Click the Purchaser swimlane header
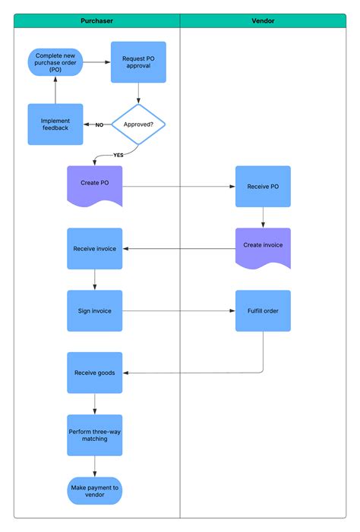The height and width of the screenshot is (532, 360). [97, 21]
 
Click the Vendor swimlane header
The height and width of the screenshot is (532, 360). [263, 21]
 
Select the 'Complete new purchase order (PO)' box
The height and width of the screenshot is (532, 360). [55, 62]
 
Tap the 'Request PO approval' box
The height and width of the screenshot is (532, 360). [138, 62]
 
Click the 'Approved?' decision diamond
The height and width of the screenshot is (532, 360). [138, 124]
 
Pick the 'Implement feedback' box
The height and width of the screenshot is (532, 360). [55, 124]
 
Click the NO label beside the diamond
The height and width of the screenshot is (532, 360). [99, 125]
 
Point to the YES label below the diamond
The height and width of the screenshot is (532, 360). [118, 155]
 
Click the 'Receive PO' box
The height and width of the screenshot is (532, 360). [263, 187]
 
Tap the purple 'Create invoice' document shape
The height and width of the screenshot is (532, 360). [263, 247]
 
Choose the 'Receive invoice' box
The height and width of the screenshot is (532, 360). [94, 249]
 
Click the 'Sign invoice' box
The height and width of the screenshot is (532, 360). [94, 310]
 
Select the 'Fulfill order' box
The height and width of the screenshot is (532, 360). [263, 310]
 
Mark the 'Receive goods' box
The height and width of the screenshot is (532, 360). [94, 373]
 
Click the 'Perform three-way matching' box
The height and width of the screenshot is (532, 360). [94, 435]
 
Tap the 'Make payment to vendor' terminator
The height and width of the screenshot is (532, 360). [94, 491]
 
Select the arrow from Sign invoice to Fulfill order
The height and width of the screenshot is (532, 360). [178, 310]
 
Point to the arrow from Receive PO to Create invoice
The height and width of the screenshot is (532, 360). [263, 217]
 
